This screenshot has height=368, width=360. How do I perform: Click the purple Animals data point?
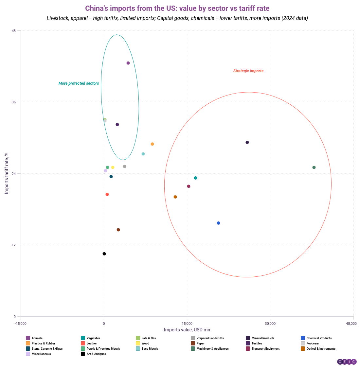coord(128,63)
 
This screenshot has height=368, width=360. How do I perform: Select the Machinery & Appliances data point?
coord(314,167)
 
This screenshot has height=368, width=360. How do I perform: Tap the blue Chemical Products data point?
coord(218,223)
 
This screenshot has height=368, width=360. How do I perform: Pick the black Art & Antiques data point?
coord(104,254)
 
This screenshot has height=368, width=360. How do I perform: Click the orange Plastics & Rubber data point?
coord(152,144)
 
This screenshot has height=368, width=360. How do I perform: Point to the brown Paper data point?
coord(118,230)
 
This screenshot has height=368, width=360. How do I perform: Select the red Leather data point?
coord(107,195)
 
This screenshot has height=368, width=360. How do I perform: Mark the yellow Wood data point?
coord(113,167)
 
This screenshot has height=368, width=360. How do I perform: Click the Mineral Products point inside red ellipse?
coord(247,143)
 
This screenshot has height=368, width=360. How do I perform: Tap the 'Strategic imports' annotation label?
coord(248,71)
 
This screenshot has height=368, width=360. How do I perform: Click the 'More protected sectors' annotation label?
coord(79,83)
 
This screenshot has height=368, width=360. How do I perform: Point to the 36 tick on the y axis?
coord(14,102)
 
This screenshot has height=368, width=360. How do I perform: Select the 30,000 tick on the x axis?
coord(270,324)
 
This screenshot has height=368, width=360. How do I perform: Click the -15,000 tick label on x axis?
coord(21,324)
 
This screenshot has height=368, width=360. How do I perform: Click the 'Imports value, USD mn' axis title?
coord(187,330)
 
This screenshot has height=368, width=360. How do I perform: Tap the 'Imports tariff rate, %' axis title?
coord(7,173)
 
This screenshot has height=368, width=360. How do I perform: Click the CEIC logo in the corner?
coord(347,361)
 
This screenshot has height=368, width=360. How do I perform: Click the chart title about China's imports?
coord(177,8)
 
